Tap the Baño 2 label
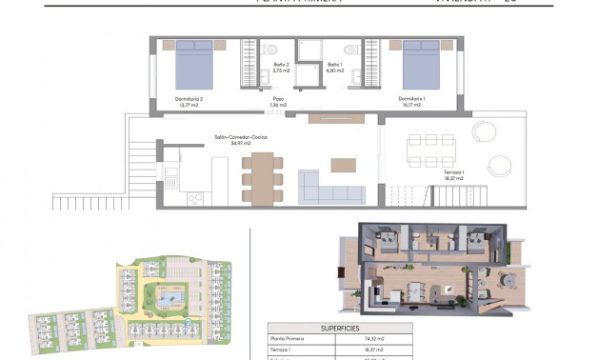tap(280, 67)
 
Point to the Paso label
tap(279, 100)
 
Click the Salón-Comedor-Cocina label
tap(241, 139)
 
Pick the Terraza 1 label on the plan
tap(453, 175)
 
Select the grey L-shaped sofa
tap(329, 188)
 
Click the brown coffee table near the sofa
tap(343, 164)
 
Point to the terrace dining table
tap(430, 149)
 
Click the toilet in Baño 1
tap(350, 49)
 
